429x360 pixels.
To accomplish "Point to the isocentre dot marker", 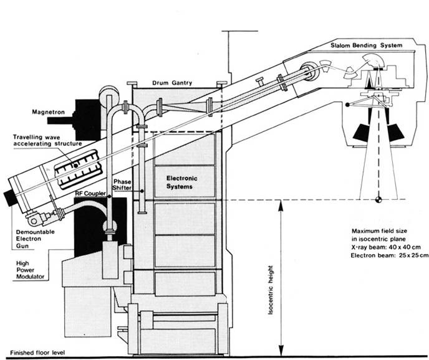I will [x=379, y=199].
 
